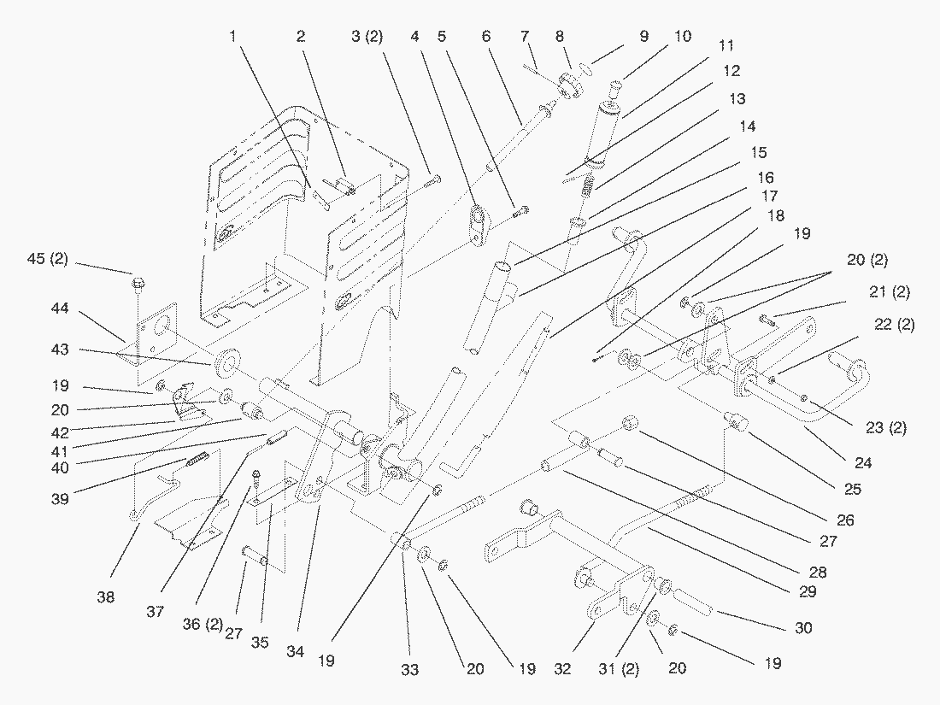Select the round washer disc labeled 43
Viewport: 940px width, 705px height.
point(227,362)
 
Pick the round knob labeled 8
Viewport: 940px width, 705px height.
point(567,87)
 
